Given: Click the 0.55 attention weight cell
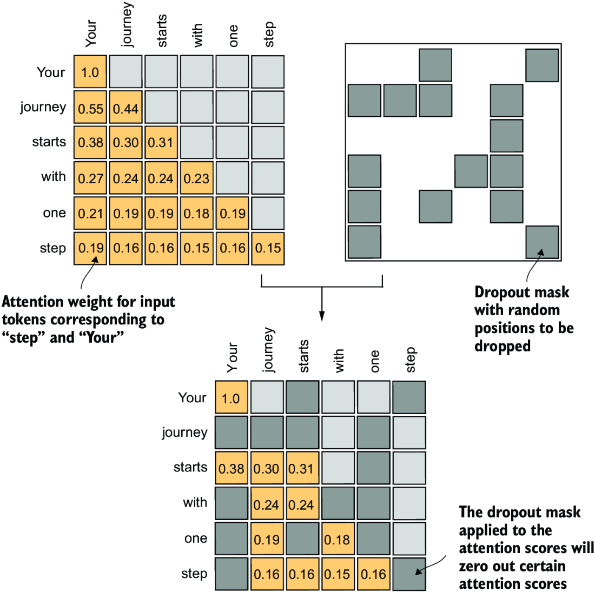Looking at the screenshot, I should [x=90, y=109].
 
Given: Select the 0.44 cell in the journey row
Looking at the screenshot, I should [x=125, y=109].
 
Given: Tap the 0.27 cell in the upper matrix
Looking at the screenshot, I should [x=90, y=178].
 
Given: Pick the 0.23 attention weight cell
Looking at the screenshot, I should [x=196, y=178].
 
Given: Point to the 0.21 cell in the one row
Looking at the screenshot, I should [x=90, y=214].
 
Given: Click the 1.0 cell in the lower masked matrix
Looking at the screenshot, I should [x=231, y=398].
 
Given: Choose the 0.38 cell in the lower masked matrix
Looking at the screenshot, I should [x=231, y=468].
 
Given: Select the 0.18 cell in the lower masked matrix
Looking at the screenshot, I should [x=338, y=539].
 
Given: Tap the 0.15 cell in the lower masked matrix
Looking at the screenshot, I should [x=338, y=574].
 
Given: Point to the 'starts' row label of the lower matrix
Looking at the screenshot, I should [x=190, y=467].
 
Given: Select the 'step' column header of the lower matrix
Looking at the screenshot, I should [x=411, y=360].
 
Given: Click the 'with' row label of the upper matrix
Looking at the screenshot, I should [x=54, y=177].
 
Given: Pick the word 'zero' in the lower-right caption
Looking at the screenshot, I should [x=474, y=566].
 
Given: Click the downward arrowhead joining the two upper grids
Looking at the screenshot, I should [x=322, y=316].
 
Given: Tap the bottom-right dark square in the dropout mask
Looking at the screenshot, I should [x=542, y=242].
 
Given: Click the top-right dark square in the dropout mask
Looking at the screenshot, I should [x=542, y=65].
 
